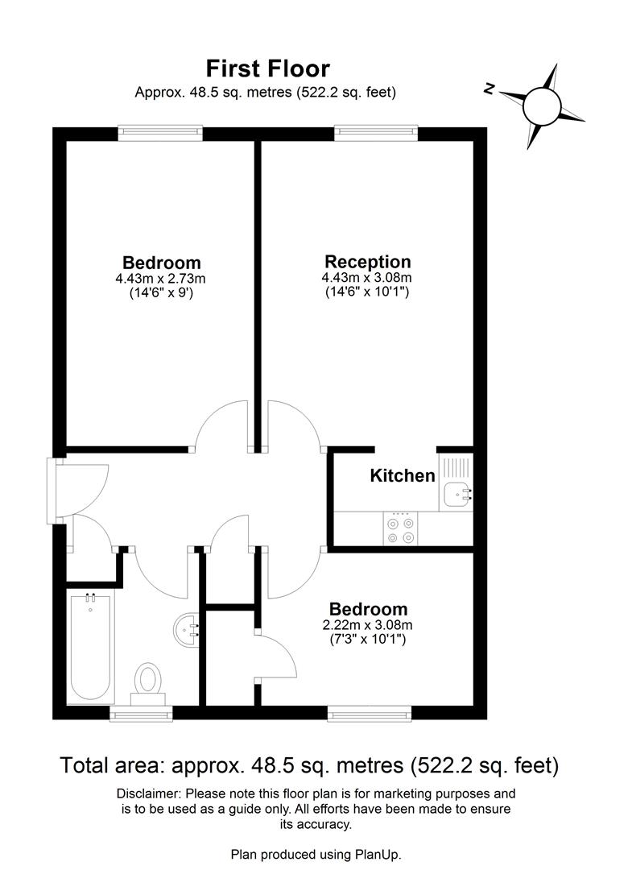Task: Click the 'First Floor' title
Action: click(x=268, y=68)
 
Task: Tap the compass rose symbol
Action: click(x=541, y=106)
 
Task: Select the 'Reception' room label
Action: click(x=367, y=262)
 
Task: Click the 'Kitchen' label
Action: click(x=403, y=475)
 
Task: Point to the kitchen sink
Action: click(x=458, y=493)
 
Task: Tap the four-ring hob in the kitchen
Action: click(x=401, y=530)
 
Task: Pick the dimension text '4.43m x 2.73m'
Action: click(x=161, y=280)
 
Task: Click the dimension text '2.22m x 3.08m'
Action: click(x=366, y=625)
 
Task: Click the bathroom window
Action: click(x=141, y=713)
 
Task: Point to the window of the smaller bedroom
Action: click(x=370, y=713)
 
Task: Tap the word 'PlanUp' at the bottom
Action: click(x=378, y=854)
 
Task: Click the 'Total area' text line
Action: click(x=309, y=764)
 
